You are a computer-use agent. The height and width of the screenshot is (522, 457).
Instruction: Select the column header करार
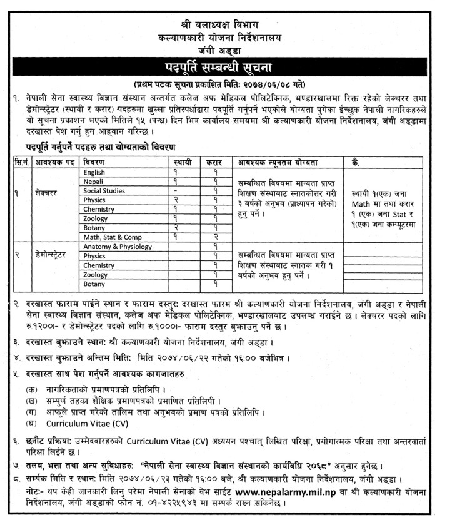(214, 162)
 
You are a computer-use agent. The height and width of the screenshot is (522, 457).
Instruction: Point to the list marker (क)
(32, 388)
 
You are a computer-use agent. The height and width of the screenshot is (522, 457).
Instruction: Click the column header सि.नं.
(23, 162)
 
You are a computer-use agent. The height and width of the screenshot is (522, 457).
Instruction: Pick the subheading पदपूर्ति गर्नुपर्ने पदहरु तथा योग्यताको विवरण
(90, 147)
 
